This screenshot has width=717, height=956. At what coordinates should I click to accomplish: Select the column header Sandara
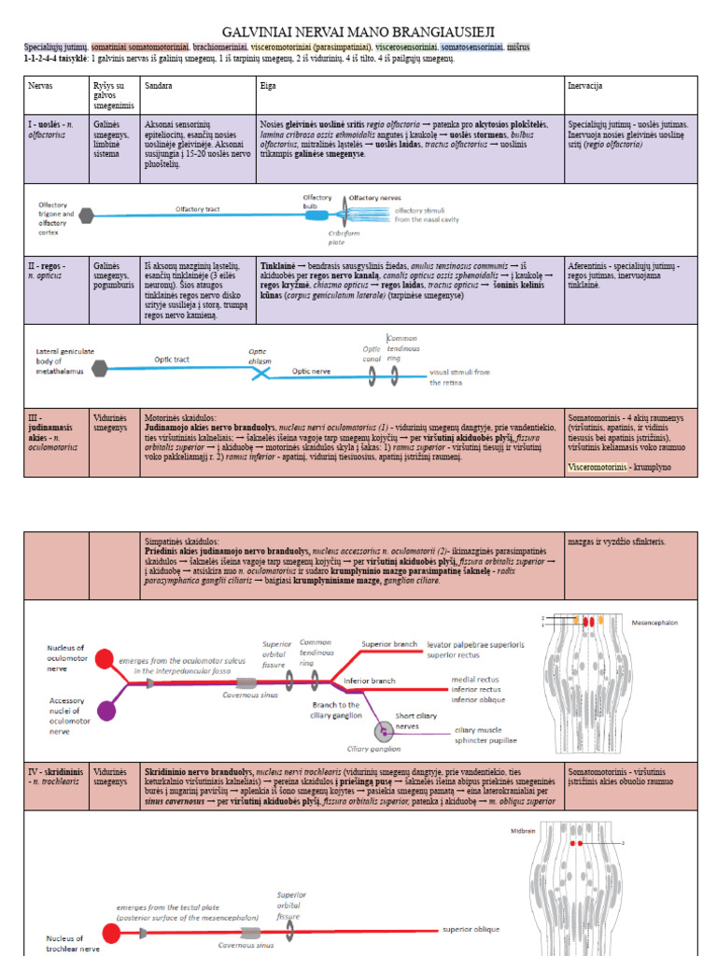pos(159,85)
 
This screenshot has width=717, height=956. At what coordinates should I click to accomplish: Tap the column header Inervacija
pos(584,85)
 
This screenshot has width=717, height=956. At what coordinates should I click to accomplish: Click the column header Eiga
pos(269,85)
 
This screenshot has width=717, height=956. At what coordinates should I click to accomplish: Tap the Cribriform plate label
pos(343,236)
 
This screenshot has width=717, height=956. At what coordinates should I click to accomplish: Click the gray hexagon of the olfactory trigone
pos(87,216)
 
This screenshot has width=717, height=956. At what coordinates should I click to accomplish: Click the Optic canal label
pos(373,353)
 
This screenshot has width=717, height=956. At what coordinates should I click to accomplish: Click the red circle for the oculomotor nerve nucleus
pos(105,658)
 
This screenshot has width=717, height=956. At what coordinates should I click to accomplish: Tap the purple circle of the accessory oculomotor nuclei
pos(105,711)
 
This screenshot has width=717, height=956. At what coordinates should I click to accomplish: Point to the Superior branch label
pos(389,644)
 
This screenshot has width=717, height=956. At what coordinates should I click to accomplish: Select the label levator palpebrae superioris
pos(476,644)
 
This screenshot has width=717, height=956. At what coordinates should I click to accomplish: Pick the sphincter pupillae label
pos(486,740)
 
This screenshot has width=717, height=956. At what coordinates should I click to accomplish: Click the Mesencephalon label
pos(659,620)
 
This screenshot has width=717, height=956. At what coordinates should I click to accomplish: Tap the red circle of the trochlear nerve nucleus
pos(111,933)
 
